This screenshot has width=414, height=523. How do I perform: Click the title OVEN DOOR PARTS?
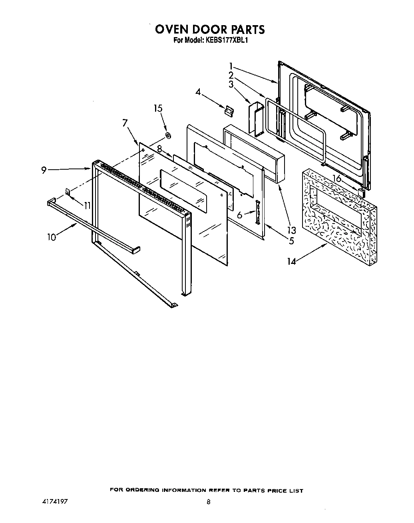click(209, 30)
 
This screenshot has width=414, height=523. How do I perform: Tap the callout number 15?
click(158, 108)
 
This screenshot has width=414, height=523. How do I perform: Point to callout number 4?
click(198, 92)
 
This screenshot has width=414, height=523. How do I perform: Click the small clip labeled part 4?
click(228, 111)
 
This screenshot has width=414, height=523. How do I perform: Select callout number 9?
click(44, 170)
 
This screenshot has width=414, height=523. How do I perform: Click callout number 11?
click(87, 205)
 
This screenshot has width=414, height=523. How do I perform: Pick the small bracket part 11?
click(68, 192)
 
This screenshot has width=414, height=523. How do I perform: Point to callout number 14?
click(292, 261)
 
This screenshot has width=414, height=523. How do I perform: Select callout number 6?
click(240, 215)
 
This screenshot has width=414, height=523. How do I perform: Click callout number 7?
click(125, 123)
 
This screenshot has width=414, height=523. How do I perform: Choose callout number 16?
click(337, 179)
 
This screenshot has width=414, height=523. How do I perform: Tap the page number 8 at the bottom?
click(208, 503)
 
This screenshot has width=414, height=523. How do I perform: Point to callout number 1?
click(231, 65)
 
